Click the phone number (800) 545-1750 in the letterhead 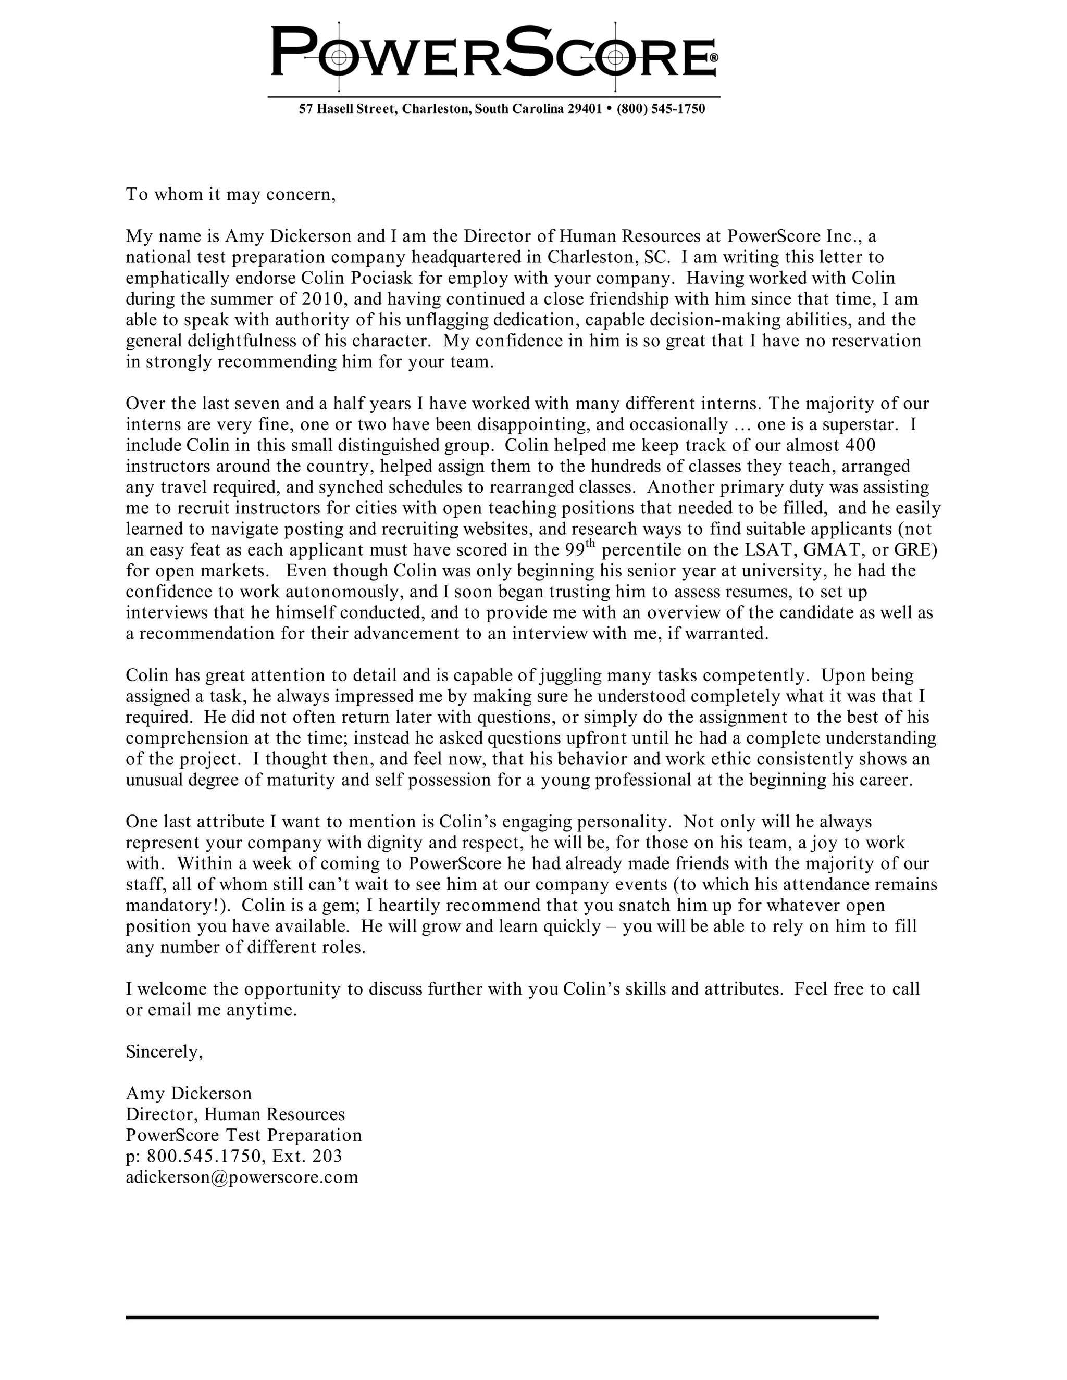[661, 109]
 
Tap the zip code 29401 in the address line [584, 109]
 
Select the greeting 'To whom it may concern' [230, 194]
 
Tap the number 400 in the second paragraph [860, 445]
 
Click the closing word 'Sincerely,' [164, 1051]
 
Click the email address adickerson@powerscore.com [242, 1176]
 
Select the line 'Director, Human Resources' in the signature [235, 1114]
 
